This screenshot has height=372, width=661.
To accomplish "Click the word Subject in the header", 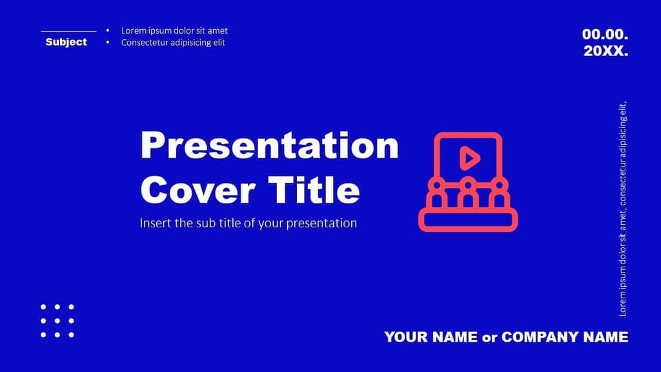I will (x=66, y=42).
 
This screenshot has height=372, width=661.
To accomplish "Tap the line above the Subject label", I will (x=68, y=30).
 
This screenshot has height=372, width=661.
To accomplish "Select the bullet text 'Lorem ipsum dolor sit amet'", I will (x=174, y=30).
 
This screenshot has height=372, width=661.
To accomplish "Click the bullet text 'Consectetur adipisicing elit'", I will (x=173, y=43).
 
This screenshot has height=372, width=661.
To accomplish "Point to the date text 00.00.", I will (x=605, y=34).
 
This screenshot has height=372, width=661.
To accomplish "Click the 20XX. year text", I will (x=605, y=51).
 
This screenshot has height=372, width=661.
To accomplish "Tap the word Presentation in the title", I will (x=269, y=146).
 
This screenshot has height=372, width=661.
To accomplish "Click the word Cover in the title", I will (x=197, y=190).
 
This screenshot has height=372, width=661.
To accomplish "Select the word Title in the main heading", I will (x=314, y=190).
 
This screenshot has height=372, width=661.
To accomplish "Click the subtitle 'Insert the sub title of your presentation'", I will (x=248, y=223).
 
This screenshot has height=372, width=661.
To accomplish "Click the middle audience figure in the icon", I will (x=468, y=194).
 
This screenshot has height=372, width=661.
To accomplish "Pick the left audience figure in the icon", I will (x=438, y=194).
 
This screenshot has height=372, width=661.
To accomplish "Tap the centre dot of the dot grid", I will (x=57, y=320).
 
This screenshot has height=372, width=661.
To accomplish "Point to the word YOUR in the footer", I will (x=406, y=336).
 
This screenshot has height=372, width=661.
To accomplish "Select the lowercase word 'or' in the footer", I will (x=490, y=337).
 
